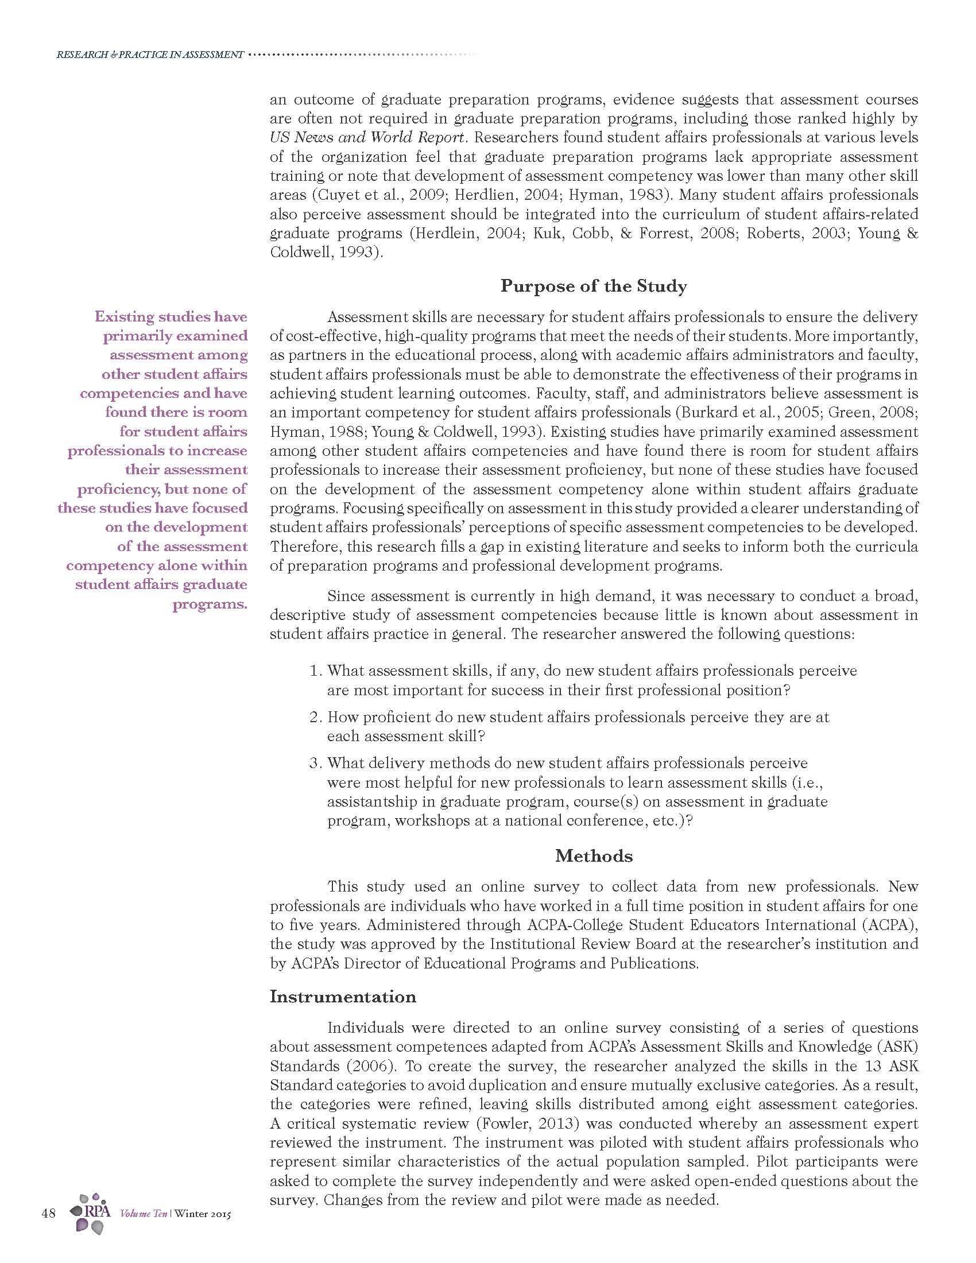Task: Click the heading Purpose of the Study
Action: pos(593,286)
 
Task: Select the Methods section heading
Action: pos(594,856)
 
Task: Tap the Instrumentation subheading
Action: pos(343,997)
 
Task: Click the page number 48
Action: pos(49,1212)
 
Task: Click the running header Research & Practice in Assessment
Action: pos(150,55)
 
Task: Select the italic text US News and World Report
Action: pos(367,138)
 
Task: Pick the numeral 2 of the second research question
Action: pos(315,717)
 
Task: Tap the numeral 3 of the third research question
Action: pos(315,764)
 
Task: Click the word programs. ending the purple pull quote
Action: pos(210,605)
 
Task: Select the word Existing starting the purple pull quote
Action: pos(123,317)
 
